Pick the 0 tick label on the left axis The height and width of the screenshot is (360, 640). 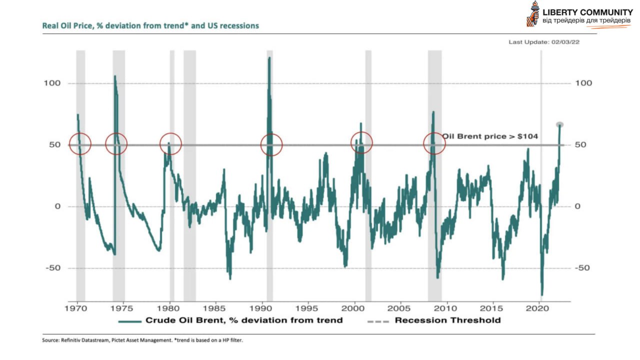(x=57, y=206)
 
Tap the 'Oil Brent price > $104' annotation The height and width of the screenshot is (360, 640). (x=489, y=136)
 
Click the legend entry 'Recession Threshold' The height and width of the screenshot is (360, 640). (x=447, y=320)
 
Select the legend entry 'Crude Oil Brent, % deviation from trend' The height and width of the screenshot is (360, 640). (x=243, y=320)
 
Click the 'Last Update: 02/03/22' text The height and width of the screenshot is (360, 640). (x=544, y=42)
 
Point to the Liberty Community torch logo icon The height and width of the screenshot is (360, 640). (x=533, y=13)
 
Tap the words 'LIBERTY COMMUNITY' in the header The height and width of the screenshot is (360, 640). (x=587, y=12)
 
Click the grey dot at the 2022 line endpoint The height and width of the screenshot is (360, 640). (x=559, y=124)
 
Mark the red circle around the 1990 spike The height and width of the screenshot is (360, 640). (x=271, y=145)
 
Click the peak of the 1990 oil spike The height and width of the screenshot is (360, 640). (x=269, y=58)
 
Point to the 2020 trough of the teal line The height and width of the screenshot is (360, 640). (x=541, y=294)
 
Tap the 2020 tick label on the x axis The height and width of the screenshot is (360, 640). (x=539, y=307)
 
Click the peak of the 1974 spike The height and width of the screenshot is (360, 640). (x=115, y=76)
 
